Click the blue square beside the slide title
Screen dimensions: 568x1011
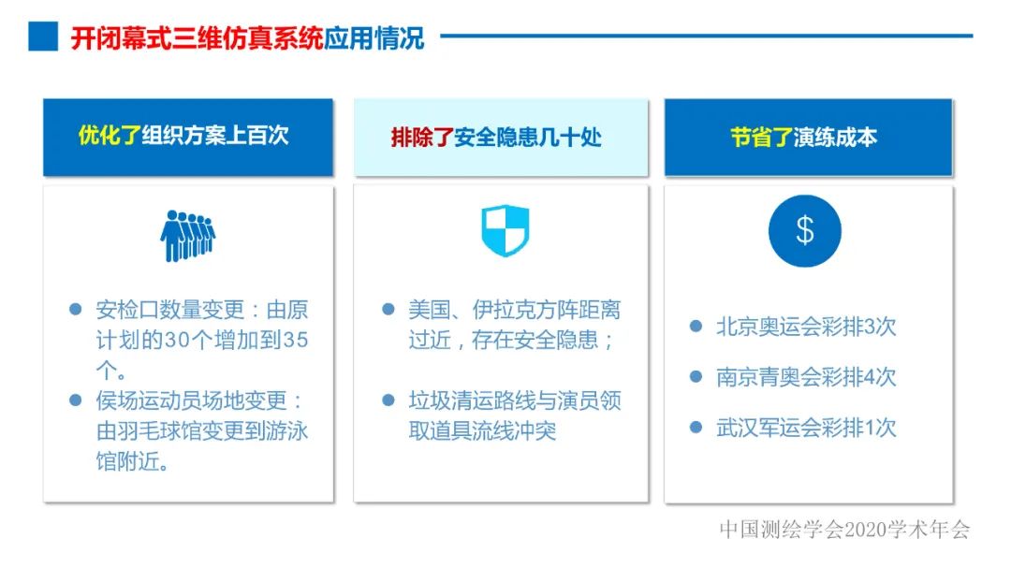[x=42, y=36]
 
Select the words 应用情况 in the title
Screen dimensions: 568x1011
[x=374, y=37]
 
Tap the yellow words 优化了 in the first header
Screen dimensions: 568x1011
[x=109, y=136]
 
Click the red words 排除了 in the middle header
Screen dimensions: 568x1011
[x=421, y=138]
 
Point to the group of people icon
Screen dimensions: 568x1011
[x=187, y=235]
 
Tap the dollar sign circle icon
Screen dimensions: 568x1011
[x=804, y=231]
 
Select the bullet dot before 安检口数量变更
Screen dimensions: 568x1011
[x=76, y=310]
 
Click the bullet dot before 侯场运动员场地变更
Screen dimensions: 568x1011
[x=76, y=401]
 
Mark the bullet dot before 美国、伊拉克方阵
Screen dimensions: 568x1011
[x=388, y=310]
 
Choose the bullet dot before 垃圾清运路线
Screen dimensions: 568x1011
[x=388, y=401]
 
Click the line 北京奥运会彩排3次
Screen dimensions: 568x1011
[x=805, y=327]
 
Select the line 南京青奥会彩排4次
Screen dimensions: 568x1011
[x=805, y=377]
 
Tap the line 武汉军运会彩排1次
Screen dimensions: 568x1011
[x=805, y=428]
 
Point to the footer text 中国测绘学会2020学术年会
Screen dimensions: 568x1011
[x=844, y=530]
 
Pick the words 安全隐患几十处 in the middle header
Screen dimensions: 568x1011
[x=527, y=138]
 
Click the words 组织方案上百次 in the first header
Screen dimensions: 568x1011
[x=215, y=136]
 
